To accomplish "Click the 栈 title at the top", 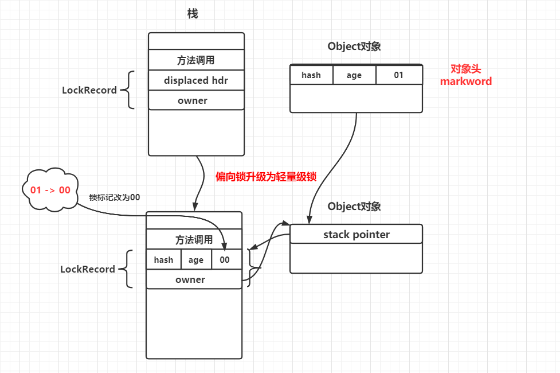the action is click(x=193, y=14).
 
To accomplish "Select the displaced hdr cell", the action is click(x=196, y=80).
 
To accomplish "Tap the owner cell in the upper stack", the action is click(x=196, y=100).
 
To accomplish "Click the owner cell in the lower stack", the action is click(x=194, y=279).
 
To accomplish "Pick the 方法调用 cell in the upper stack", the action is click(x=196, y=60).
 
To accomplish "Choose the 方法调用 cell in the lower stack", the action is click(x=194, y=239).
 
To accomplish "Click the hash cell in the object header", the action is click(x=311, y=75).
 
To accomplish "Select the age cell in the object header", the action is click(x=354, y=75).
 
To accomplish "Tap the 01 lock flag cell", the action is click(x=399, y=75).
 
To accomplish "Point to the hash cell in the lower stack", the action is click(x=163, y=259).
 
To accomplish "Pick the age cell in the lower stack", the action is click(x=196, y=259).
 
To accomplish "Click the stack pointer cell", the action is click(x=356, y=234).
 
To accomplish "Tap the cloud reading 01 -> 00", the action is click(x=50, y=189).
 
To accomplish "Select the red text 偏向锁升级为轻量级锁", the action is click(x=266, y=177).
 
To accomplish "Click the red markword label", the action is click(x=466, y=81).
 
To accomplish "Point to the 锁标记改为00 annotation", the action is click(x=115, y=197).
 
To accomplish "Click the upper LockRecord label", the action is click(x=89, y=90).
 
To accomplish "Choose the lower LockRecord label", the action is click(x=88, y=269).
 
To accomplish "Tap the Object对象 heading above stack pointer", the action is click(x=354, y=207).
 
